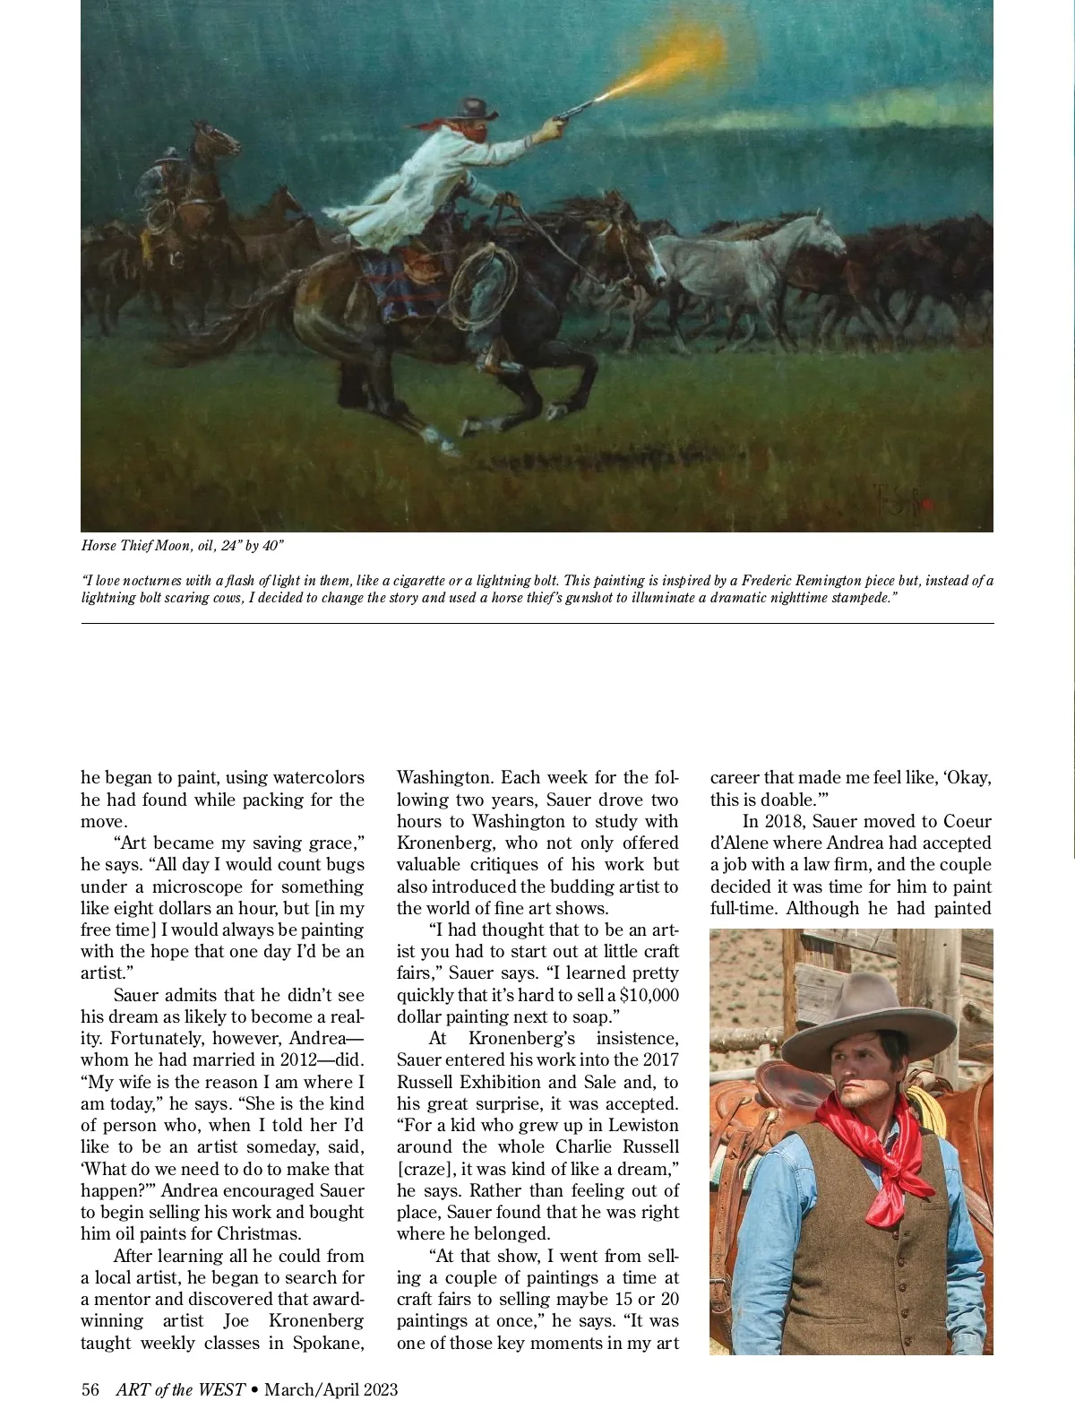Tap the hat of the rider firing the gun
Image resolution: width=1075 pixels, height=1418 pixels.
coord(474,108)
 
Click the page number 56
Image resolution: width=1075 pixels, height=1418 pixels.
coord(90,1390)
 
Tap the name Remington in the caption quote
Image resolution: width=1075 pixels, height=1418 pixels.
coord(827,581)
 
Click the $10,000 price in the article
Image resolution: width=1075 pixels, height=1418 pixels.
coord(649,995)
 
